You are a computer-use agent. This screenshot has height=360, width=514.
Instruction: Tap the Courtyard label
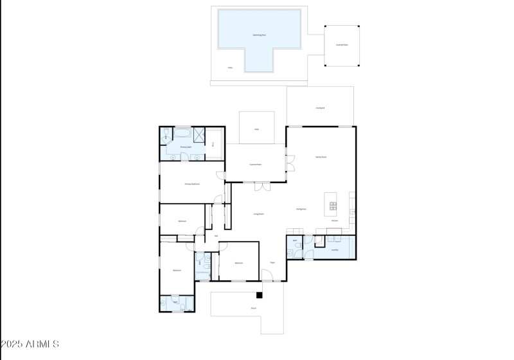(x=319, y=108)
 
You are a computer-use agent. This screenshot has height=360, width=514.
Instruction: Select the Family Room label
(x=321, y=157)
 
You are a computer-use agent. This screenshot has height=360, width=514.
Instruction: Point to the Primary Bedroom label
(x=192, y=184)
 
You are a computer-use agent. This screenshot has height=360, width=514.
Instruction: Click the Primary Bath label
(x=186, y=147)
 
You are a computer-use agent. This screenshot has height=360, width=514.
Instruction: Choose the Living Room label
(x=258, y=213)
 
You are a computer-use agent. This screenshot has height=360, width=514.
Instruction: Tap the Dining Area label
(x=301, y=209)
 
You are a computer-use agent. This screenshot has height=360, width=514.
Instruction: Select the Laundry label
(x=335, y=249)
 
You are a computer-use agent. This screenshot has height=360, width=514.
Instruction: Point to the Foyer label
(x=272, y=262)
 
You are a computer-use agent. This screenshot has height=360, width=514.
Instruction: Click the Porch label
(x=254, y=308)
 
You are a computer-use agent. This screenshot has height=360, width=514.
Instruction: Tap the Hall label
(x=216, y=236)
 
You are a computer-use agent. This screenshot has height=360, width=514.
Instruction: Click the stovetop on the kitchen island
(x=333, y=206)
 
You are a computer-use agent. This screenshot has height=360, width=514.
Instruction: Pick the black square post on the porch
(x=259, y=295)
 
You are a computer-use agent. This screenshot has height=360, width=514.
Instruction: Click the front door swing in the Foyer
(x=267, y=276)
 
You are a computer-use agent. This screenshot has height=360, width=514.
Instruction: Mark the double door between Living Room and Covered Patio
(x=261, y=186)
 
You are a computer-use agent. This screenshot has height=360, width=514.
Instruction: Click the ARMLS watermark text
(x=30, y=345)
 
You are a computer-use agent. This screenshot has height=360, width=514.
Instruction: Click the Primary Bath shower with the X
(x=199, y=134)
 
